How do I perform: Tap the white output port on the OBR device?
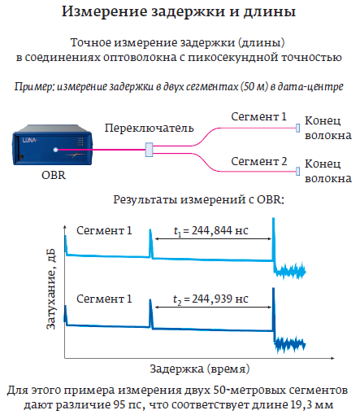pyautogui.click(x=55, y=150)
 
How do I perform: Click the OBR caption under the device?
pyautogui.click(x=54, y=175)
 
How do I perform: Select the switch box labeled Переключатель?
pyautogui.click(x=149, y=150)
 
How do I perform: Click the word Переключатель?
pyautogui.click(x=150, y=128)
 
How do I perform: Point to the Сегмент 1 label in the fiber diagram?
pyautogui.click(x=258, y=116)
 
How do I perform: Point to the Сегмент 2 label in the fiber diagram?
pyautogui.click(x=259, y=161)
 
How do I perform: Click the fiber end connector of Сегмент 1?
pyautogui.click(x=297, y=128)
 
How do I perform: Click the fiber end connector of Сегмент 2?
pyautogui.click(x=297, y=172)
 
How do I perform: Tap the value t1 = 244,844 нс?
pyautogui.click(x=210, y=231)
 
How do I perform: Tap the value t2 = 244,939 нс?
pyautogui.click(x=210, y=299)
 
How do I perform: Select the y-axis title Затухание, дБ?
pyautogui.click(x=51, y=289)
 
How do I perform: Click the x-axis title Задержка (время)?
pyautogui.click(x=200, y=369)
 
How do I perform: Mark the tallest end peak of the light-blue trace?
pyautogui.click(x=273, y=218)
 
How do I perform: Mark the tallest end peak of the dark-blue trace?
pyautogui.click(x=273, y=289)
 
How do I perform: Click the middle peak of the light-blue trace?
pyautogui.click(x=150, y=229)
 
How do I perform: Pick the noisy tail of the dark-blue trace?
pyautogui.click(x=290, y=345)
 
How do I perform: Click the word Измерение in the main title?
pyautogui.click(x=104, y=11)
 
